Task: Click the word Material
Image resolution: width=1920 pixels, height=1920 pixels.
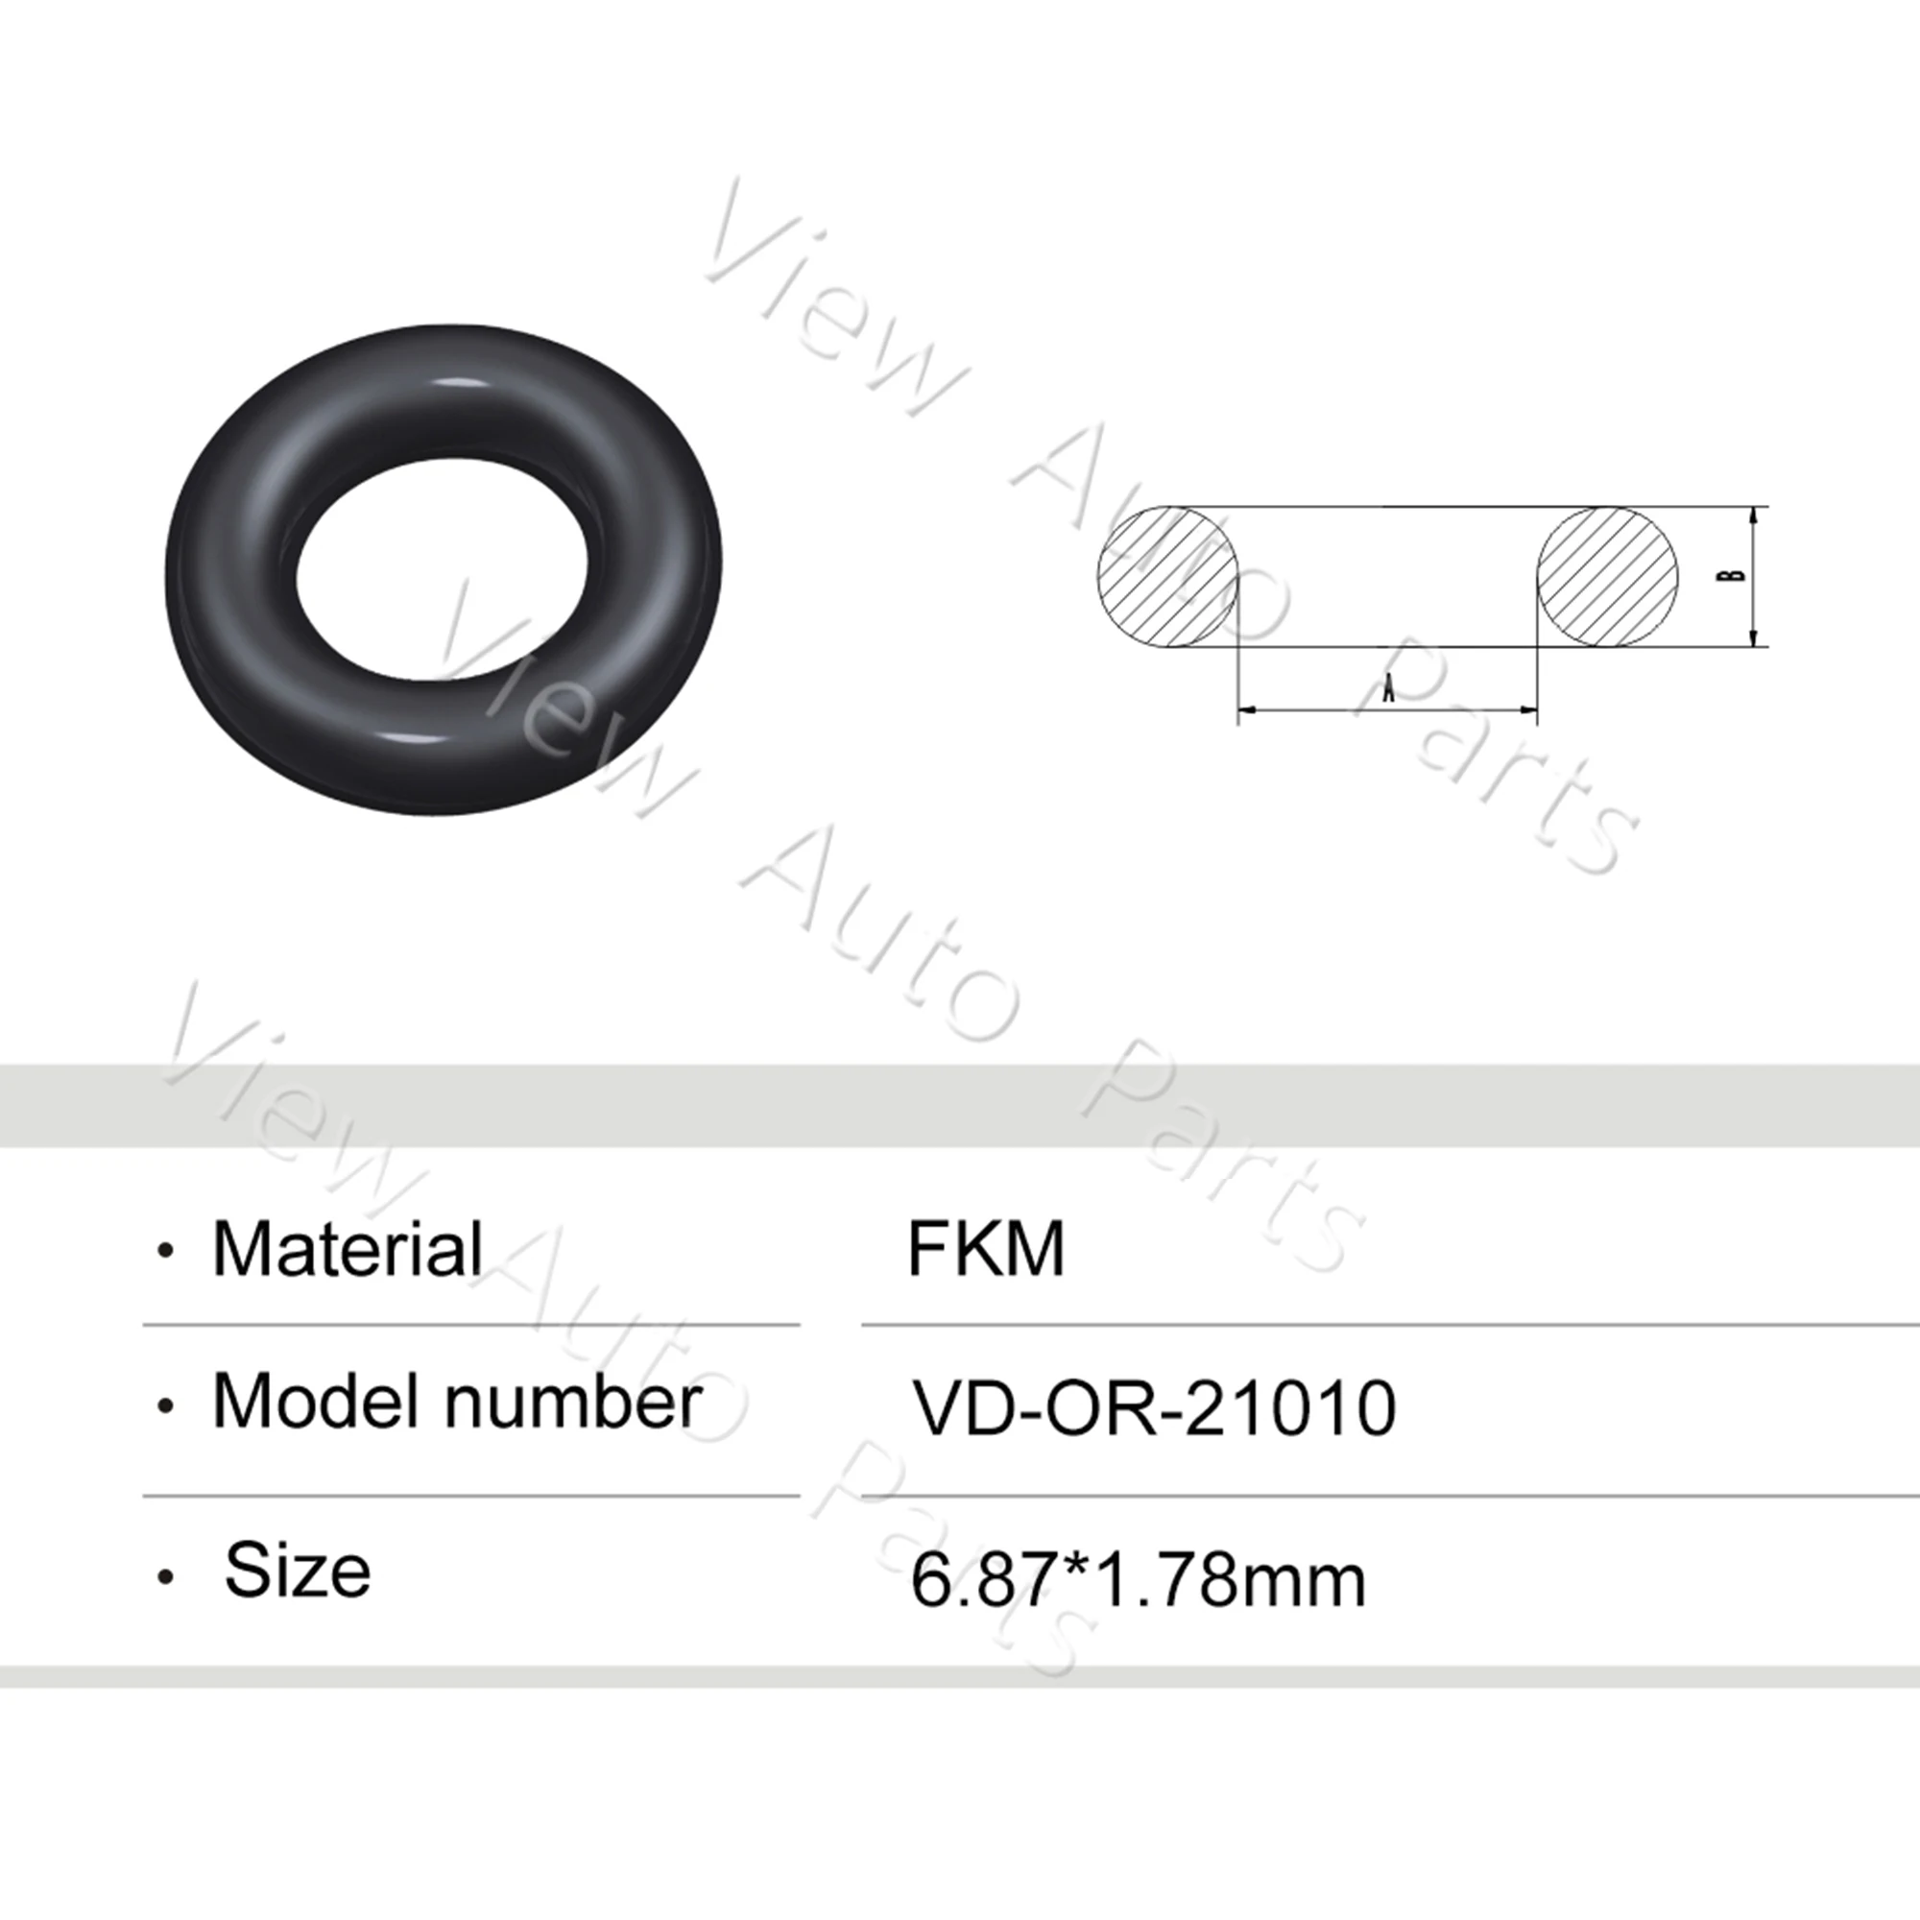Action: click(x=347, y=1249)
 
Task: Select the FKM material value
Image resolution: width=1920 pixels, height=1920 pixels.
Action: click(x=985, y=1249)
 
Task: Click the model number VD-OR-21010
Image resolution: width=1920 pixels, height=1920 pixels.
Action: click(x=1154, y=1409)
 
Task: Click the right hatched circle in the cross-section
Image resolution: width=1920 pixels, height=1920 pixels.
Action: click(x=1607, y=576)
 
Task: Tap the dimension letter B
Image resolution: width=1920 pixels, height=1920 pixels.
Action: click(x=1733, y=575)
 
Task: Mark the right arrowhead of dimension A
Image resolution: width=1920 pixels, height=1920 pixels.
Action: click(x=1529, y=709)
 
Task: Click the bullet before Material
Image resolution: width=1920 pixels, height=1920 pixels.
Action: click(x=166, y=1252)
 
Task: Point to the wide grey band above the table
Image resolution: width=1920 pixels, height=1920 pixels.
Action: click(x=960, y=1105)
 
